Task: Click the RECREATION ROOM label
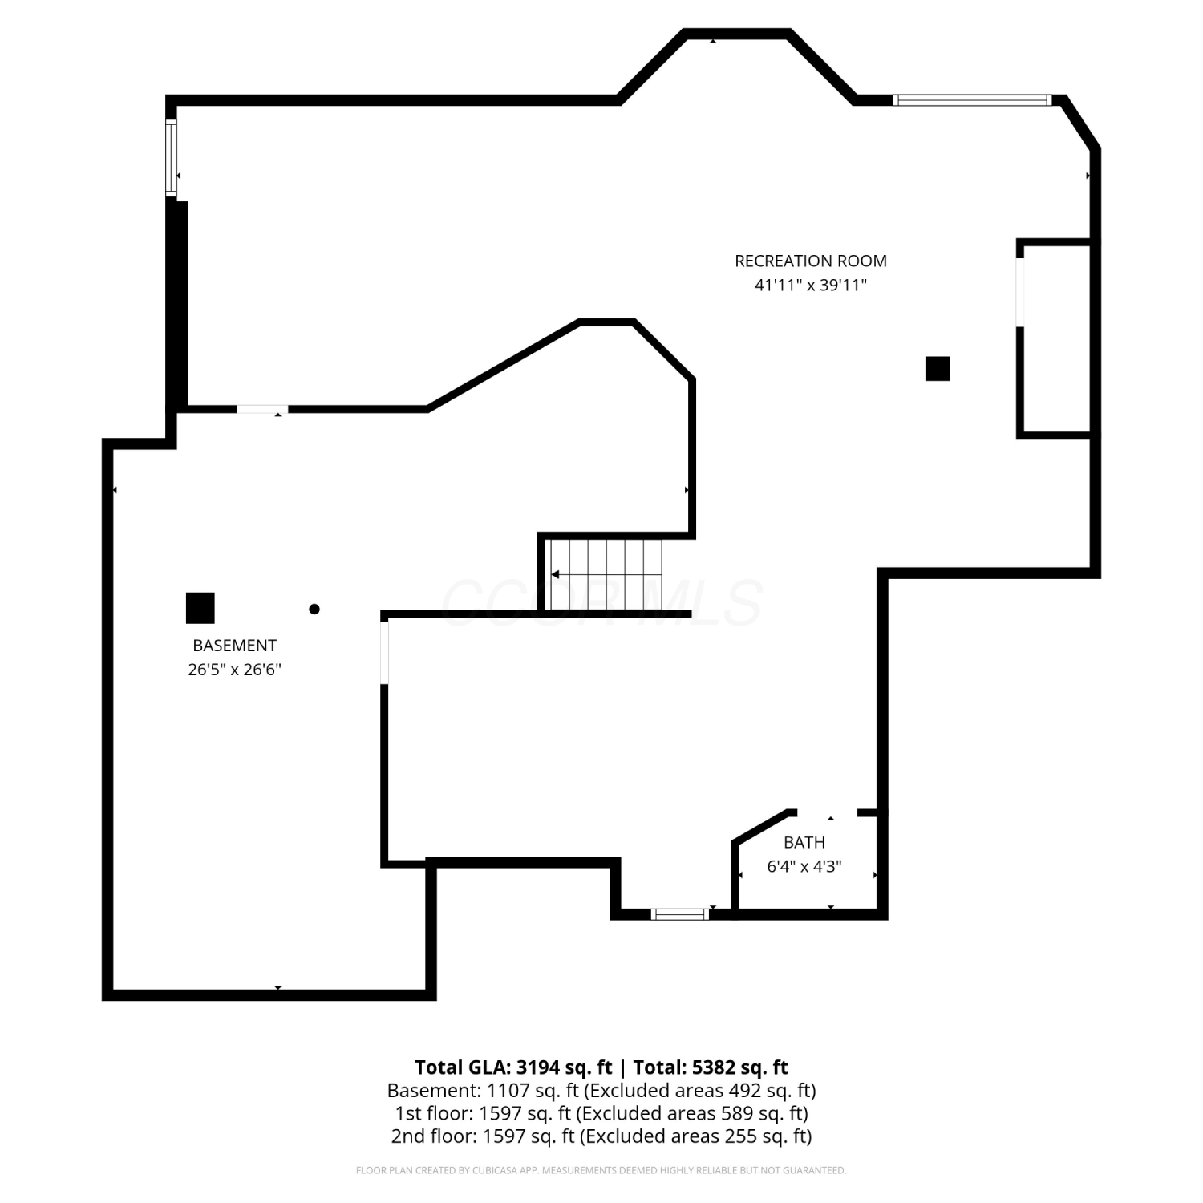pos(811,261)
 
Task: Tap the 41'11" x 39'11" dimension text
pos(811,285)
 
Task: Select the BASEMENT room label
pos(234,646)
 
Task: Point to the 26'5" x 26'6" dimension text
pos(234,670)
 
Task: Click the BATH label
pos(804,842)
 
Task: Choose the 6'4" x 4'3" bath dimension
pos(804,867)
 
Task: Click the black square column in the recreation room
pos(938,369)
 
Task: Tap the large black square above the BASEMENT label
pos(200,608)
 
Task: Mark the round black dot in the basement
pos(314,609)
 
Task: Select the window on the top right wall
pos(972,100)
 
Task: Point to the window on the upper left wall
pos(171,157)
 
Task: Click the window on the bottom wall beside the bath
pos(680,913)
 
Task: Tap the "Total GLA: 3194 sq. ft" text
pos(513,1067)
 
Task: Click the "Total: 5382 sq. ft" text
pos(711,1067)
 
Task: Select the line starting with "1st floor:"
pos(601,1113)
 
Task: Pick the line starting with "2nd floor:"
pos(601,1136)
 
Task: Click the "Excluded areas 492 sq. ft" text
pos(699,1091)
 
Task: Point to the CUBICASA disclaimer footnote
pos(601,1171)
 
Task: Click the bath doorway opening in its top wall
pos(827,813)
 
